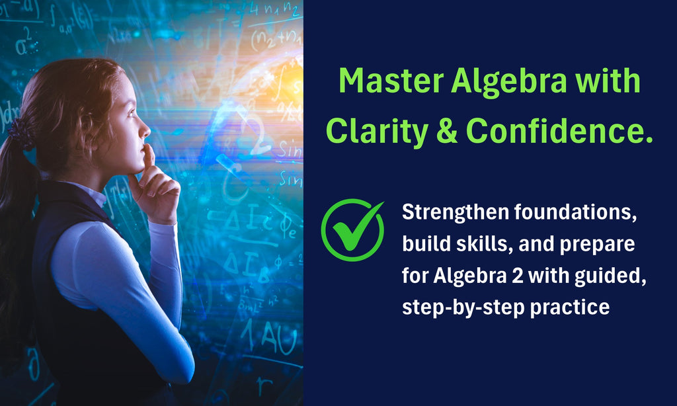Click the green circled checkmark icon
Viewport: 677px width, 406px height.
(x=352, y=229)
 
